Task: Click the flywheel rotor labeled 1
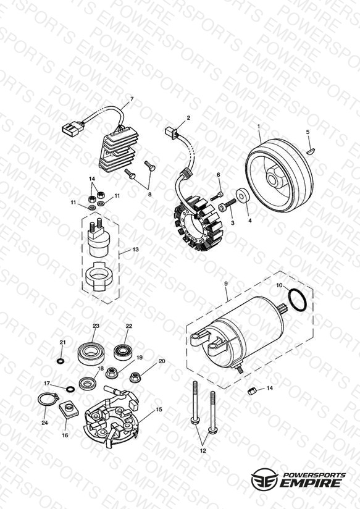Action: tap(280, 175)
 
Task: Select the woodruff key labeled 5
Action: tap(311, 151)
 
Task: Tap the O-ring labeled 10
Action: tap(298, 300)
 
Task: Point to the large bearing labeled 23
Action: tap(90, 353)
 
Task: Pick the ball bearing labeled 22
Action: tap(123, 351)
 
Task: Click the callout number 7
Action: tap(132, 99)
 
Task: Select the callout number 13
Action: tap(136, 250)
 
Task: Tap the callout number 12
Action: tap(203, 450)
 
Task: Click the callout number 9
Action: tap(226, 284)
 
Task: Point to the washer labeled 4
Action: tap(243, 195)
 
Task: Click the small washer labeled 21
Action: tap(61, 361)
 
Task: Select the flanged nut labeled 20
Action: tap(135, 377)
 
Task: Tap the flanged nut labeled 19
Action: tap(111, 372)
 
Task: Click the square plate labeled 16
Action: tap(69, 409)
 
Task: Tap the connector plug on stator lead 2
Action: tap(172, 132)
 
